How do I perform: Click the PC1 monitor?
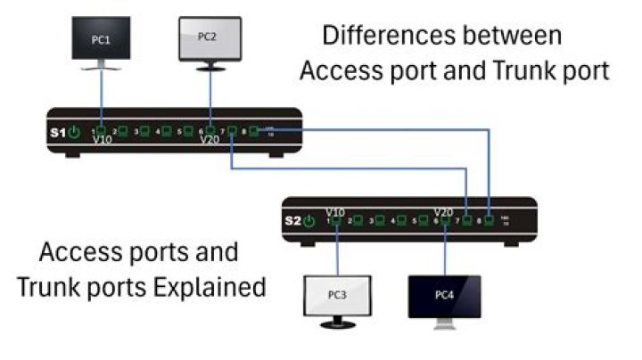[103, 39]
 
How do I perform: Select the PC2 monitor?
[210, 37]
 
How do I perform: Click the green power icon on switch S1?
[75, 132]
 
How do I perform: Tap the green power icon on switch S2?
[310, 219]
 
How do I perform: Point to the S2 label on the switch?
[293, 219]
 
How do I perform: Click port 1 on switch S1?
[101, 131]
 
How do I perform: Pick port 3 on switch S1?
[144, 131]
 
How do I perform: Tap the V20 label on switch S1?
[210, 141]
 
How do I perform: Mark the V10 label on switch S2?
[336, 210]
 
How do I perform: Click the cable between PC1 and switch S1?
[101, 98]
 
